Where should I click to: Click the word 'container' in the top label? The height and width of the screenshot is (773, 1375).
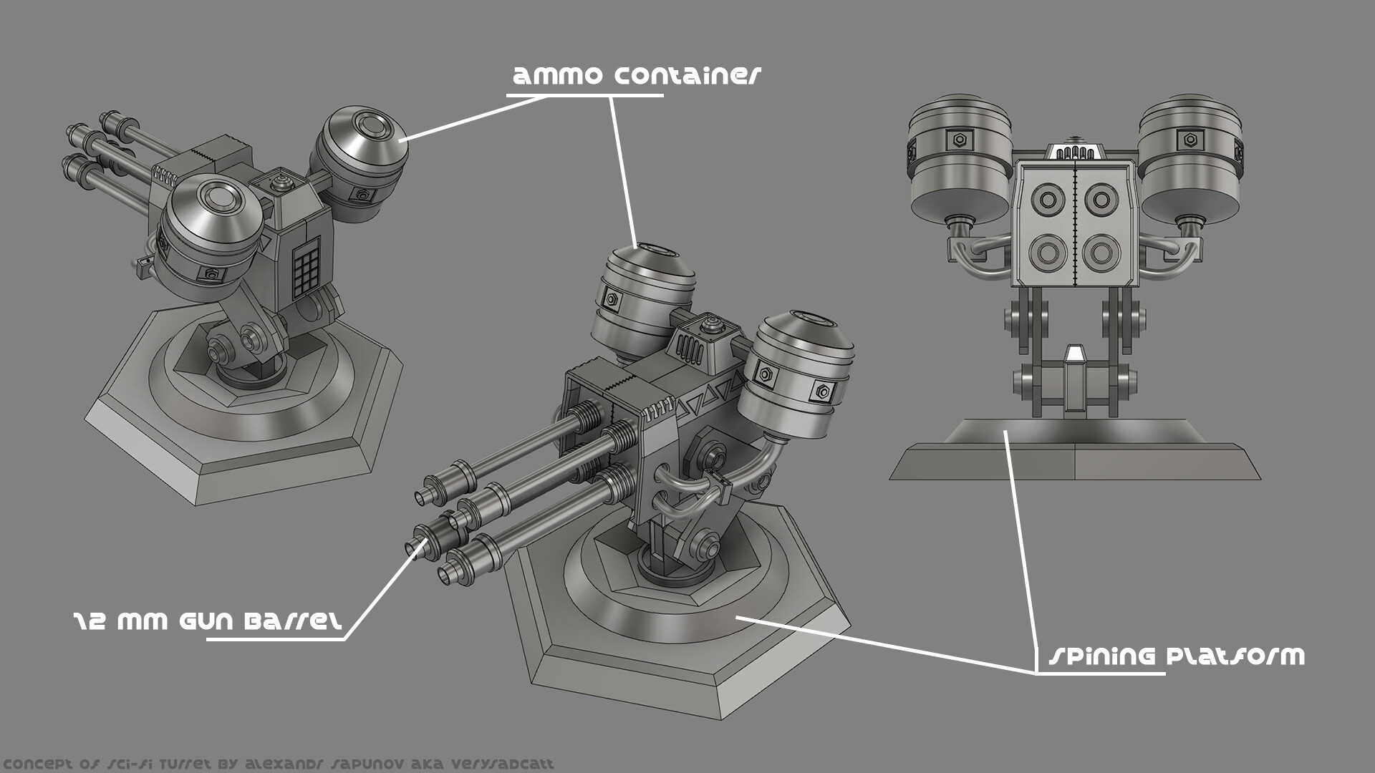click(x=687, y=76)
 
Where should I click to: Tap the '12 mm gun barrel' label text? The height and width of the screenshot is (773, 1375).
click(x=208, y=621)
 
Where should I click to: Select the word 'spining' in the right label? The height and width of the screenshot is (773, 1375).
click(x=1102, y=656)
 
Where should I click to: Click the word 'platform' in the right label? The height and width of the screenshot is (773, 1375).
click(x=1235, y=656)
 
